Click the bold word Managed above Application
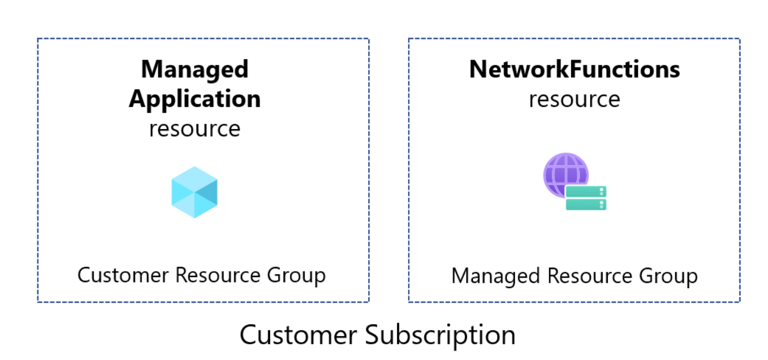pyautogui.click(x=195, y=70)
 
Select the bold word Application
pyautogui.click(x=195, y=99)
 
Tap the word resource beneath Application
pyautogui.click(x=195, y=128)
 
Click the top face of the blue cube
pyautogui.click(x=195, y=176)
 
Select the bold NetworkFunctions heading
pyautogui.click(x=574, y=70)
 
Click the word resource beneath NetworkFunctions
pyautogui.click(x=574, y=99)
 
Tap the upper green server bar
pyautogui.click(x=586, y=192)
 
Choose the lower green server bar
pyautogui.click(x=586, y=205)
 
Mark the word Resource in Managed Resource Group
pyautogui.click(x=581, y=276)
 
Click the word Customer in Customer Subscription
pyautogui.click(x=299, y=335)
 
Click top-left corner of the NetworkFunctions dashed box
pyautogui.click(x=409, y=39)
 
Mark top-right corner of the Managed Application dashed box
pyautogui.click(x=369, y=39)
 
